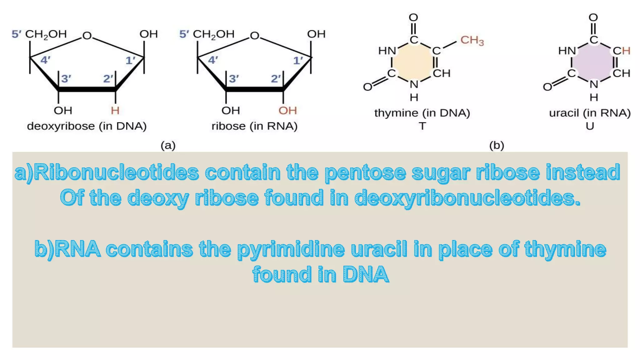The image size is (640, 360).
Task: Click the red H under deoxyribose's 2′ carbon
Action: (115, 110)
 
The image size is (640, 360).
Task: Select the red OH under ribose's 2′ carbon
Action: (287, 110)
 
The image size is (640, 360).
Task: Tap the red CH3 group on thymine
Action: (472, 40)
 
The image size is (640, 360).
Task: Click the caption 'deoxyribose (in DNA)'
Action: (87, 126)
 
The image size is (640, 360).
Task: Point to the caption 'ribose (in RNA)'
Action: (254, 126)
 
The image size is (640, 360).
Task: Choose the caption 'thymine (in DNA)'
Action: (422, 113)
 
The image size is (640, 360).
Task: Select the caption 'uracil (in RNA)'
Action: (590, 113)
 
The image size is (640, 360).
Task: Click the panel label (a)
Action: (168, 145)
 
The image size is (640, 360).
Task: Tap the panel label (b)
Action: (497, 145)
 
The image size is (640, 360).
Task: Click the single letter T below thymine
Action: (422, 126)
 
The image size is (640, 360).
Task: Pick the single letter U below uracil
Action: (590, 126)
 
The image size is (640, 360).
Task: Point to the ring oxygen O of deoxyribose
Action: (87, 36)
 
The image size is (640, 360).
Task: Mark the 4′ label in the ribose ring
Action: (213, 60)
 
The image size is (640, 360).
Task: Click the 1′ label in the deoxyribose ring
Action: (130, 60)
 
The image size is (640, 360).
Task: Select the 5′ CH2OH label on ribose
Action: (207, 34)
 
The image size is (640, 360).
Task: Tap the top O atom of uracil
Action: (593, 17)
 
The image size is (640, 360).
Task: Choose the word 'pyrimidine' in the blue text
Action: (291, 249)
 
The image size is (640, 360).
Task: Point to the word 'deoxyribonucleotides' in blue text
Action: (467, 198)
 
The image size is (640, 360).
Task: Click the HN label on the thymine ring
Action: (387, 50)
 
